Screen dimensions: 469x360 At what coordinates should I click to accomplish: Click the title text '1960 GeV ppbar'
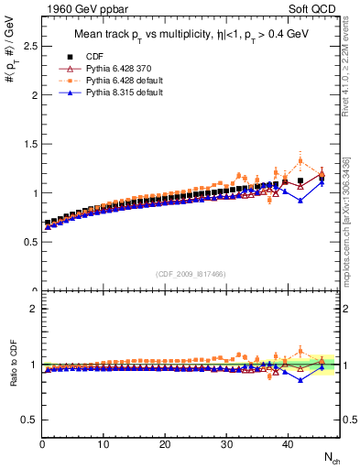point(74,9)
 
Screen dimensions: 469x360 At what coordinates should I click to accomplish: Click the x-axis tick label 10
point(104,445)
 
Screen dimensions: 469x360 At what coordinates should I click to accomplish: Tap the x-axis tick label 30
point(226,445)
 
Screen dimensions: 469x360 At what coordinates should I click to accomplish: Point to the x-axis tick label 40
point(288,445)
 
